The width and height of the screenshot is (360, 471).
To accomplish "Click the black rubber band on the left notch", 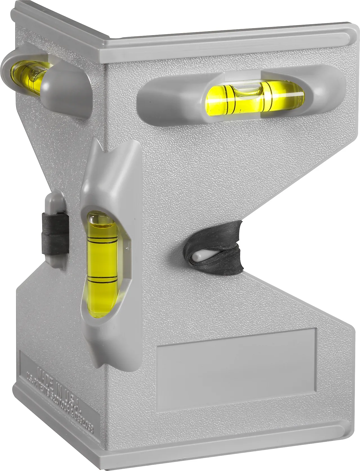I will click(57, 233).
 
